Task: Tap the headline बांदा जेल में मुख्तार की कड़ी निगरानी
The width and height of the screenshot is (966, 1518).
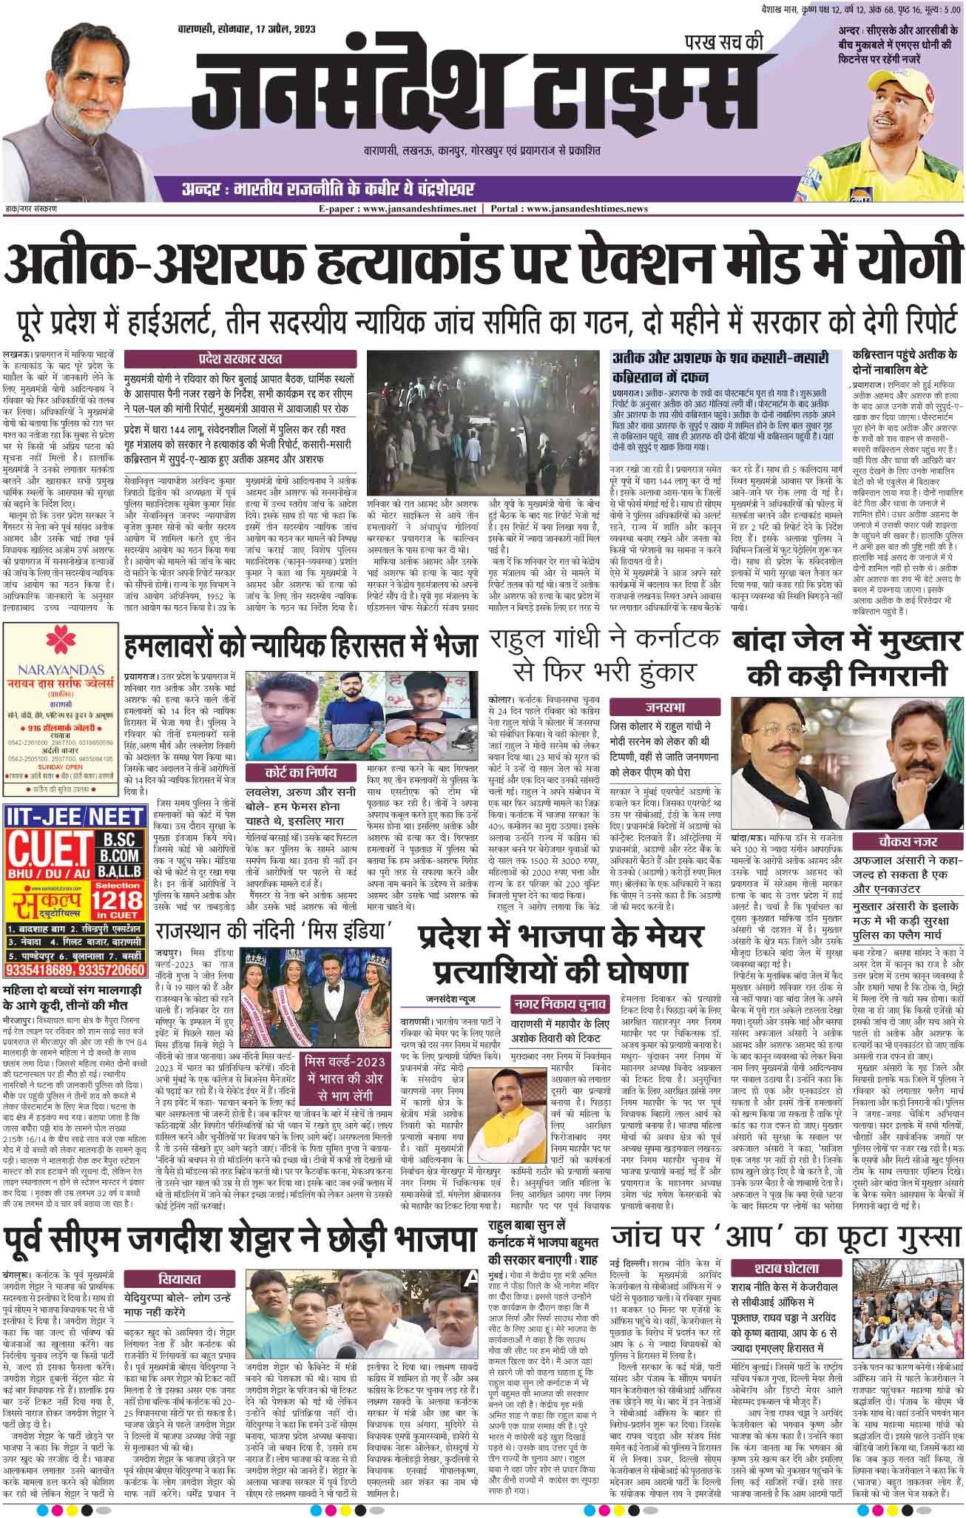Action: [846, 658]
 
